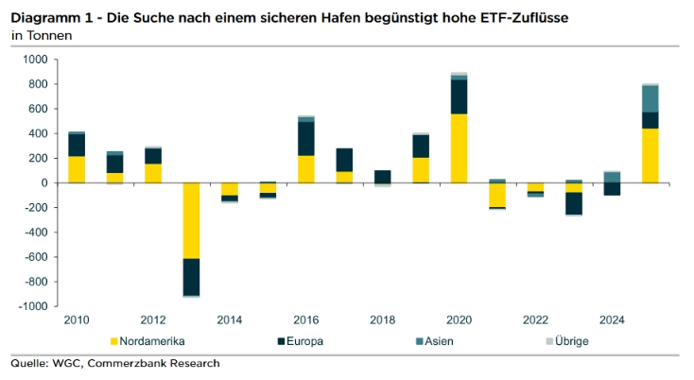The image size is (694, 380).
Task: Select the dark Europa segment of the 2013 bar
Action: (x=192, y=277)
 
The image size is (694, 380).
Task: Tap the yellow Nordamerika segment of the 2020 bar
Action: (x=459, y=148)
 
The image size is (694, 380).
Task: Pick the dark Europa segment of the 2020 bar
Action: (x=459, y=96)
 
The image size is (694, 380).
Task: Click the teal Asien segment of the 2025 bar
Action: (x=650, y=98)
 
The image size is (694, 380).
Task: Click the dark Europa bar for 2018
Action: (x=382, y=177)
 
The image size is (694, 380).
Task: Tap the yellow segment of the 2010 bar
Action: (x=77, y=169)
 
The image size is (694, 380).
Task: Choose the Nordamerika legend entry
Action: (x=151, y=340)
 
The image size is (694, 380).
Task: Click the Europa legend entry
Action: (x=304, y=340)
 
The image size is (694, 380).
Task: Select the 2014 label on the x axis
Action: (x=229, y=320)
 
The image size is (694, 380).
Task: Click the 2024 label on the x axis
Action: (x=612, y=320)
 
